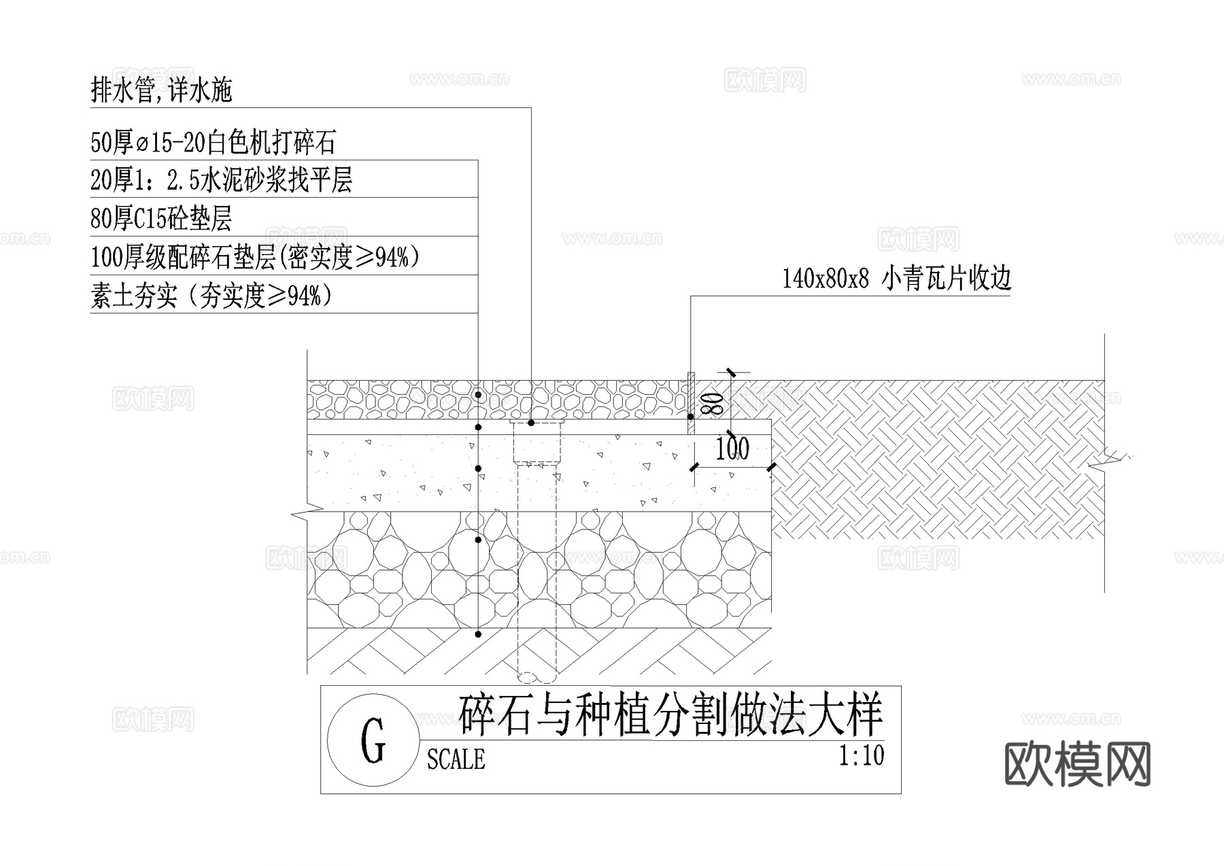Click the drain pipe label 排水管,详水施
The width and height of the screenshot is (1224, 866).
coord(162,90)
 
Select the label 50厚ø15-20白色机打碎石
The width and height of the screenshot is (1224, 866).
coord(213,143)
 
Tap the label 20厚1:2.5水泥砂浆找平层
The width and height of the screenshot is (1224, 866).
coord(221,181)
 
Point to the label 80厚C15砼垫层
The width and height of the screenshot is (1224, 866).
coord(161,219)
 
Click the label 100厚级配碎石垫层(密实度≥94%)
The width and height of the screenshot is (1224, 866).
coord(255,257)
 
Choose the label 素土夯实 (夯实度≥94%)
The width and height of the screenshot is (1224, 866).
coord(211,296)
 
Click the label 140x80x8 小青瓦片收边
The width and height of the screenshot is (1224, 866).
coord(896,279)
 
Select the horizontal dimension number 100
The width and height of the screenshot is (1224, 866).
coord(732,449)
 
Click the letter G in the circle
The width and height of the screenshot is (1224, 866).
coord(373,741)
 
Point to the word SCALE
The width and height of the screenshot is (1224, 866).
coord(456,759)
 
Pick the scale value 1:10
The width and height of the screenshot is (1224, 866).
coord(862,756)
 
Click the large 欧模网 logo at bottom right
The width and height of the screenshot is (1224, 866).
coord(1077,764)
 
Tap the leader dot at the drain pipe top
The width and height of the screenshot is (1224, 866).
coord(531,423)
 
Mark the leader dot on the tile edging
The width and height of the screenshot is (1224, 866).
coord(691,417)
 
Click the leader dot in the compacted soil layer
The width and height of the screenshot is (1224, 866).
coord(478,634)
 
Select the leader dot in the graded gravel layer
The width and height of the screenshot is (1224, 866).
coord(478,540)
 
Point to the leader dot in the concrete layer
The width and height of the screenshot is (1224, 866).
coord(478,468)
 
